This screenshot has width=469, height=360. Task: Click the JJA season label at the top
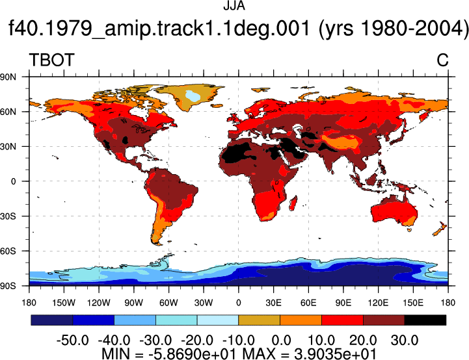pos(234,6)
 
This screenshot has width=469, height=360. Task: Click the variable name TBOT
pos(51,60)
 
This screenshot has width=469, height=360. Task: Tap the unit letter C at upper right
pos(442,60)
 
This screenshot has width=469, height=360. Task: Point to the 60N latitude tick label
pos(8,112)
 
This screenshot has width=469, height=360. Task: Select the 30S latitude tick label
pos(8,216)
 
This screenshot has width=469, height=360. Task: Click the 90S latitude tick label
pos(8,286)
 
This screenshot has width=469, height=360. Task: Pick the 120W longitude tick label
pos(99,303)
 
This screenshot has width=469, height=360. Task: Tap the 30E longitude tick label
pos(273,303)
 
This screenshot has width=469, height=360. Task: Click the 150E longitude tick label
pos(413,303)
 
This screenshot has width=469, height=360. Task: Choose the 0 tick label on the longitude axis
pos(238,303)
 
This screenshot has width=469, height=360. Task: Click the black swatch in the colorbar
pos(425,320)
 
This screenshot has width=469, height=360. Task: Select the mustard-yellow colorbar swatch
pos(259,320)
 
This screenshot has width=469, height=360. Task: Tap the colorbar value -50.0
pos(73,341)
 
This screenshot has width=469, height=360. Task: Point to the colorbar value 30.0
pos(405,341)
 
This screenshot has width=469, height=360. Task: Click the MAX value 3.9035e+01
pos(335,354)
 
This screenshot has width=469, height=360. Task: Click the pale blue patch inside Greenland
pos(193,96)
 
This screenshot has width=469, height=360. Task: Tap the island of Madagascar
pos(293,203)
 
